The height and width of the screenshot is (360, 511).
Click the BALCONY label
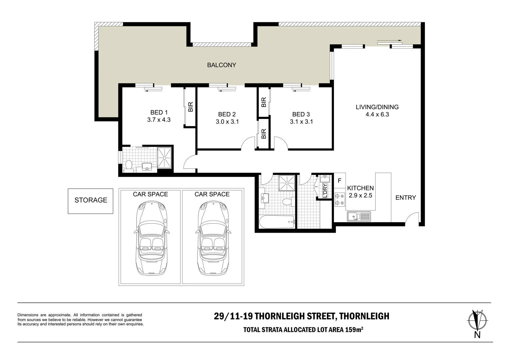(221, 65)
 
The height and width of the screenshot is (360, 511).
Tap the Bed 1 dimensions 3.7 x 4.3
(159, 120)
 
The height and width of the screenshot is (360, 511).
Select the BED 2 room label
(227, 114)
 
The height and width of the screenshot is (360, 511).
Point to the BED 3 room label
(301, 114)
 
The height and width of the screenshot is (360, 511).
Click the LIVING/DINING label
(377, 107)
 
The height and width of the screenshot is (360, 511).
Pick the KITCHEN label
(361, 188)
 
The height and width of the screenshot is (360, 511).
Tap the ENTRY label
(406, 197)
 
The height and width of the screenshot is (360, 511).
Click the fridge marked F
(340, 181)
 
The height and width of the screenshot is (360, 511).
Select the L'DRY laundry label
(325, 190)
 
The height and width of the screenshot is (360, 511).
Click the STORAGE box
(90, 201)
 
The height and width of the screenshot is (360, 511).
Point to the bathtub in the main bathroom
(277, 222)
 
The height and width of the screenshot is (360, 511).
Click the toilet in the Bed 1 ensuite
(129, 166)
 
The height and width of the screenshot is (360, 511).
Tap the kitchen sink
(359, 216)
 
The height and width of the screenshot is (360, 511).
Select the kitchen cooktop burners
(340, 199)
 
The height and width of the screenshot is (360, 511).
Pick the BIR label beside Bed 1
(190, 107)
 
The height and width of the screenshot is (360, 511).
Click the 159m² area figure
(354, 330)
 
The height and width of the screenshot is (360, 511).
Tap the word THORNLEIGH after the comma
(364, 316)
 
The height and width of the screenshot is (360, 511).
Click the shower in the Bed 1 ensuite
(164, 157)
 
